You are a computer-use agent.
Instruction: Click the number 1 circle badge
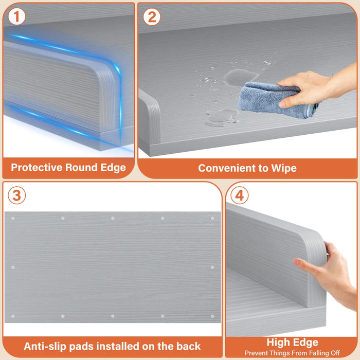(x=16, y=17)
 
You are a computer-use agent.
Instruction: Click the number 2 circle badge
(x=152, y=17)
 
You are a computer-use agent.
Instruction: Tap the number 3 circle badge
(x=17, y=195)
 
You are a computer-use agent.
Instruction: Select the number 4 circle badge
(x=240, y=195)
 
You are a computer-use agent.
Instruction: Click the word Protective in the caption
(x=37, y=167)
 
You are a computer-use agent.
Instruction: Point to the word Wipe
(x=284, y=168)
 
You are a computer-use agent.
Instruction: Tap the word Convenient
(x=227, y=168)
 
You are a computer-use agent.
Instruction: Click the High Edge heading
(x=292, y=343)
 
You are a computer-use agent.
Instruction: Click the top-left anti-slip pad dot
(x=13, y=219)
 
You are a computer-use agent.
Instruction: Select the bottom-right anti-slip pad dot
(x=212, y=316)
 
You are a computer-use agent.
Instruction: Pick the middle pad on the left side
(x=13, y=267)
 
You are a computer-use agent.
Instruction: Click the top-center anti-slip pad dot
(x=113, y=218)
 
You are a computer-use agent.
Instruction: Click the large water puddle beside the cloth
(x=240, y=78)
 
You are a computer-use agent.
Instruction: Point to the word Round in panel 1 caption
(x=81, y=167)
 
